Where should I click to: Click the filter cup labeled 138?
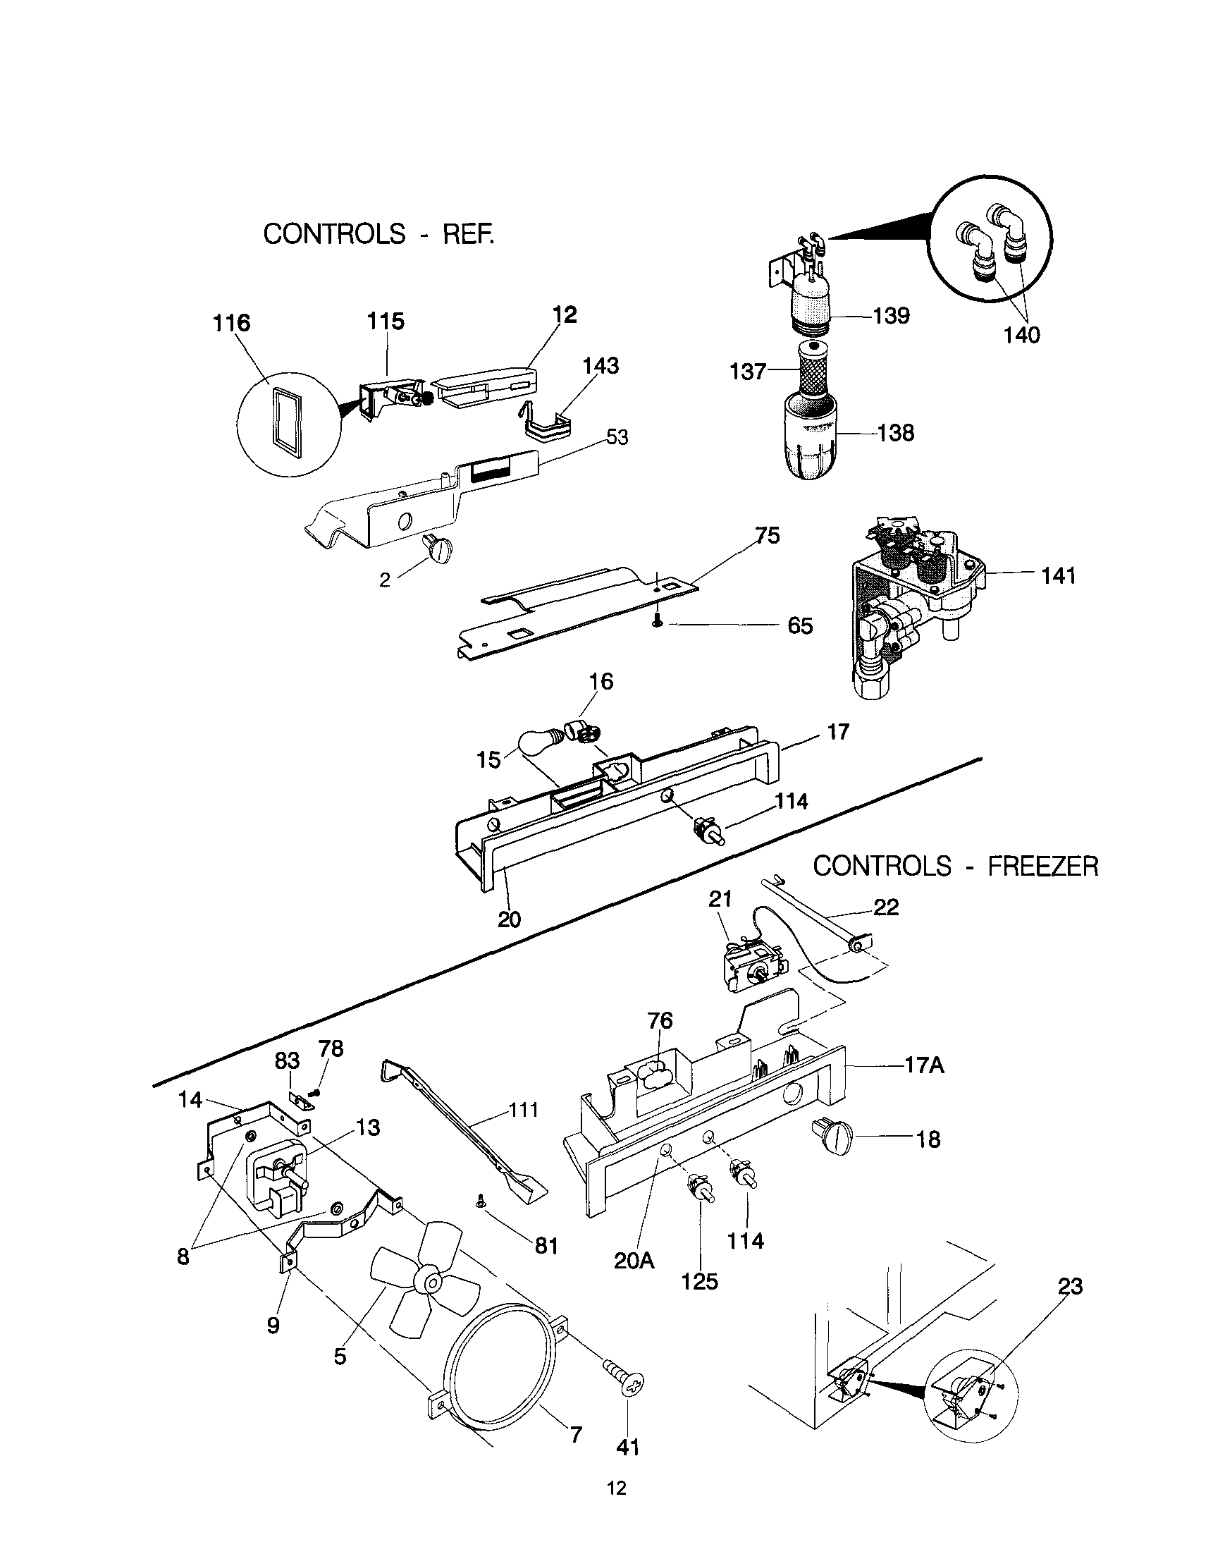click(x=810, y=441)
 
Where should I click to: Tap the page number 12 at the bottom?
click(x=617, y=1488)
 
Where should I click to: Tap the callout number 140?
click(x=1021, y=334)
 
